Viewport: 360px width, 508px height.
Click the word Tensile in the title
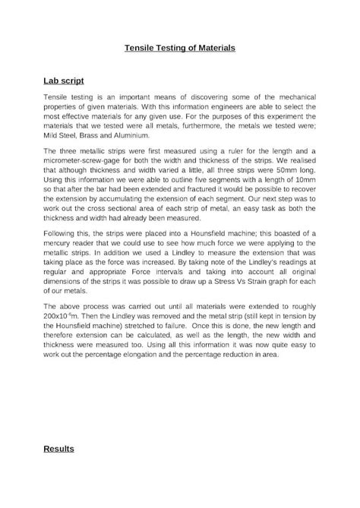[140, 48]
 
